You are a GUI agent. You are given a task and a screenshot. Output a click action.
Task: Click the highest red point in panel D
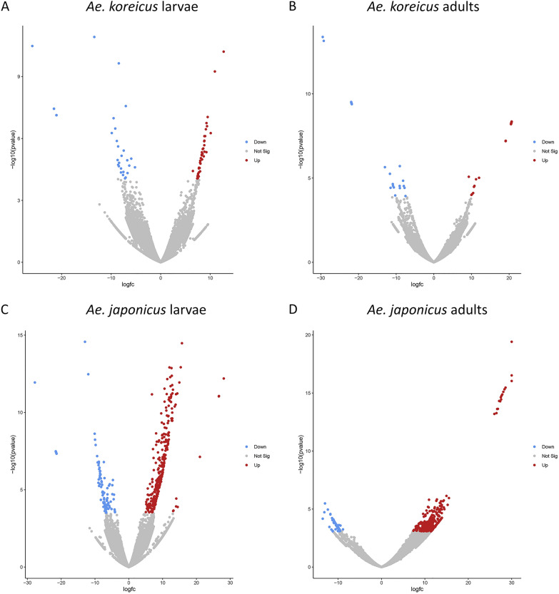click(x=512, y=342)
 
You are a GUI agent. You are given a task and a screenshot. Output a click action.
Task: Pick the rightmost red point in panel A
click(x=223, y=51)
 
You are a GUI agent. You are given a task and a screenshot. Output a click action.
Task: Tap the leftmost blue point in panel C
click(x=34, y=382)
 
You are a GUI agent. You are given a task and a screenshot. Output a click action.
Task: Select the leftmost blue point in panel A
click(x=32, y=46)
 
